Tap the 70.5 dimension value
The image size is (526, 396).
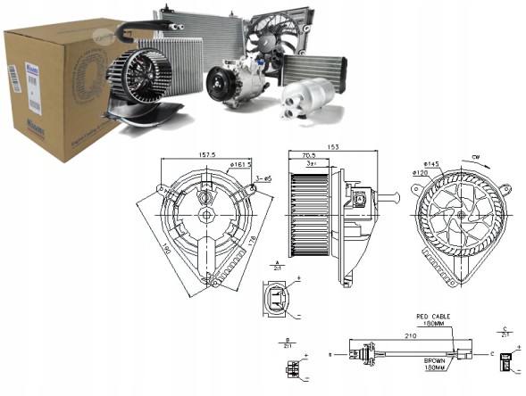point(308,154)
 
